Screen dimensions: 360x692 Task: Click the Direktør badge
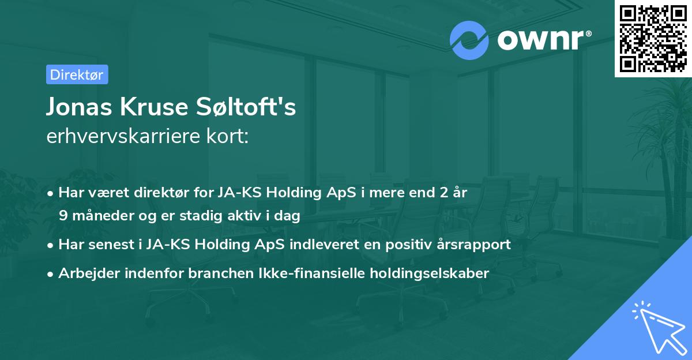pyautogui.click(x=77, y=74)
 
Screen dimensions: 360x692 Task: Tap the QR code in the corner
pyautogui.click(x=652, y=37)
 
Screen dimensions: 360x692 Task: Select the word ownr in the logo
pyautogui.click(x=540, y=39)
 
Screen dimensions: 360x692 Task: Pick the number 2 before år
pyautogui.click(x=443, y=193)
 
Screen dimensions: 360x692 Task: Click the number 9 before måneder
pyautogui.click(x=62, y=216)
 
